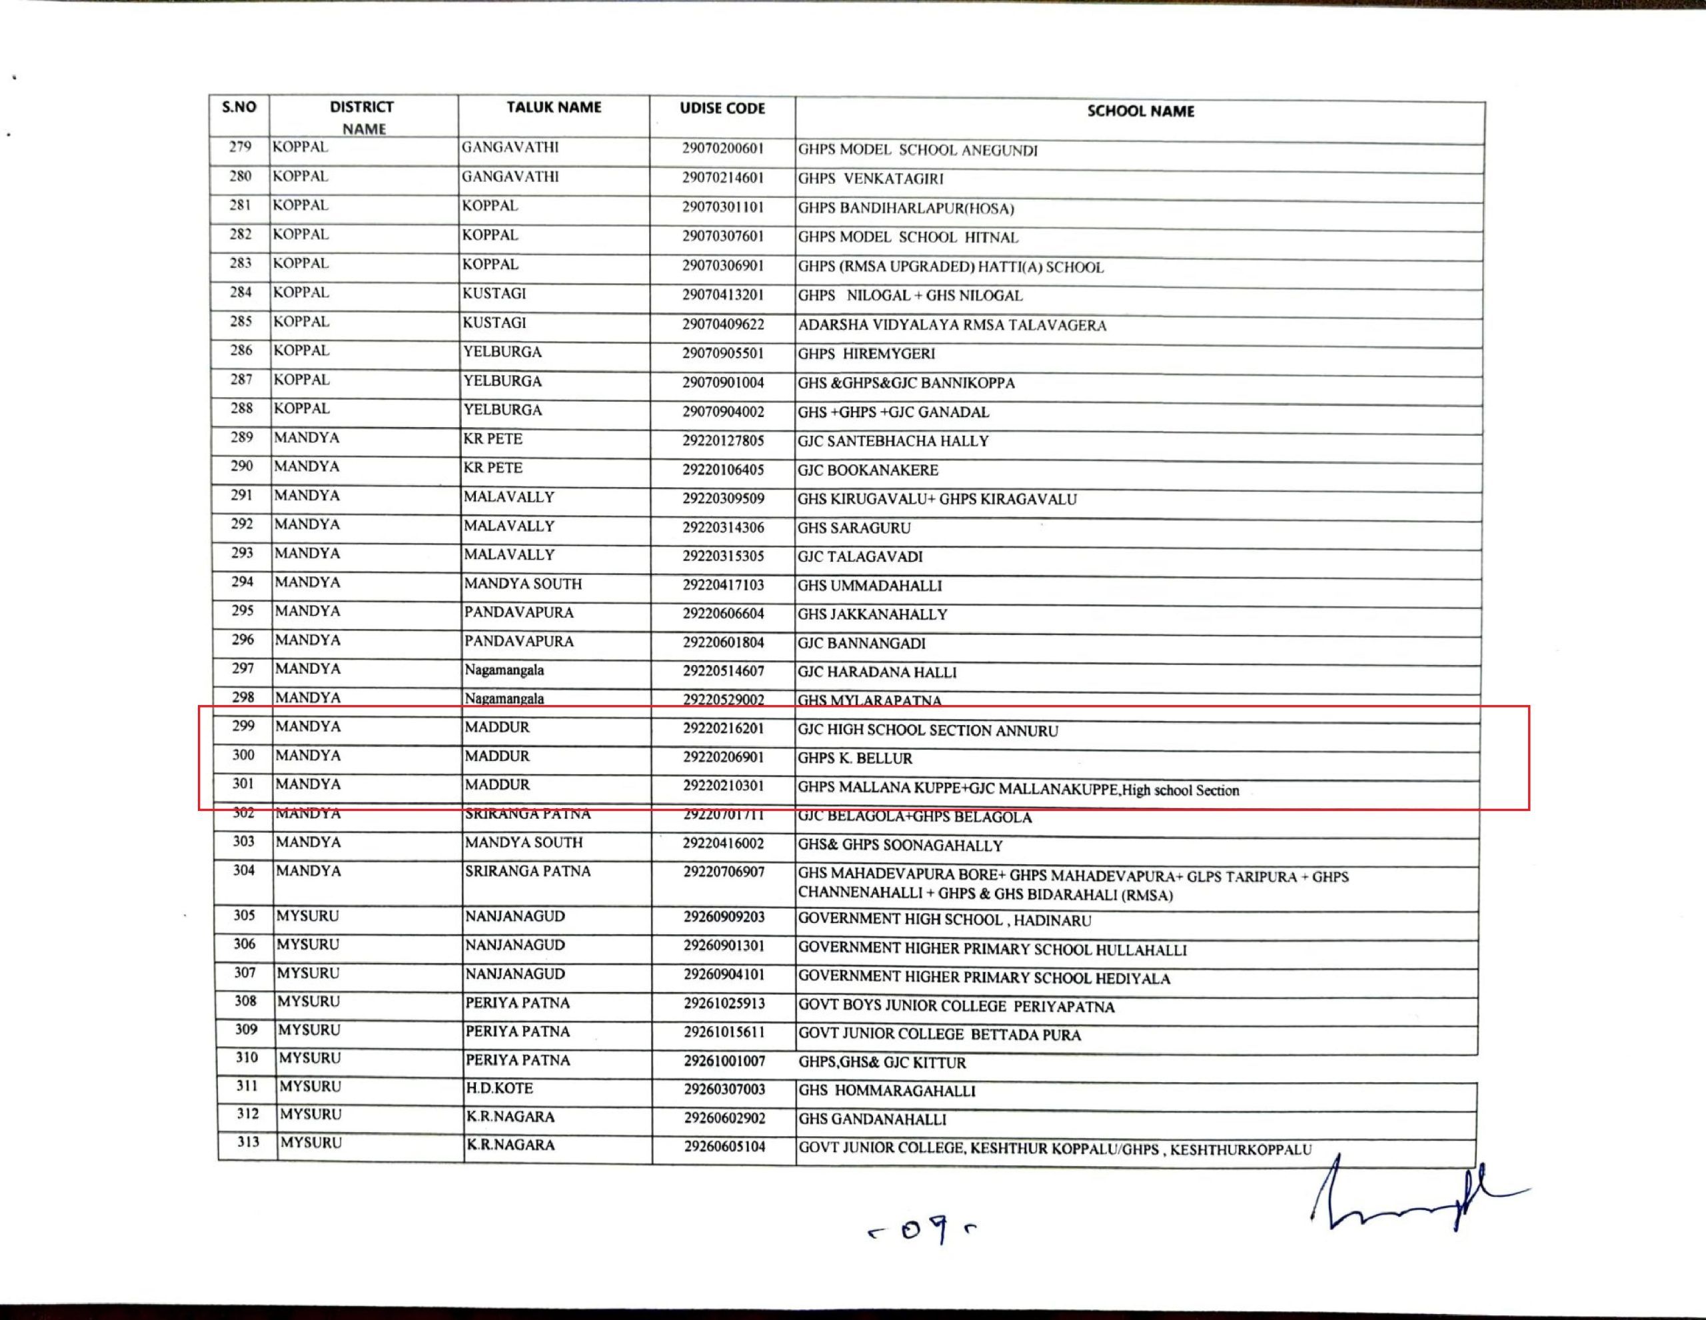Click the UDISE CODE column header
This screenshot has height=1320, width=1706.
(x=722, y=109)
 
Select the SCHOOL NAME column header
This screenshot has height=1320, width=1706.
(x=1140, y=112)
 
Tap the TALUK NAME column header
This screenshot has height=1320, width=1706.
(x=553, y=108)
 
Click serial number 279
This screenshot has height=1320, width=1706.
(x=240, y=147)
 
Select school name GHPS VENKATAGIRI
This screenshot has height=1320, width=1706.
(x=870, y=179)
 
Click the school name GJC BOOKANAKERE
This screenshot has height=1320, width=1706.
(x=867, y=470)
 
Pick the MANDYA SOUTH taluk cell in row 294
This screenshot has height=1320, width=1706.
(x=522, y=584)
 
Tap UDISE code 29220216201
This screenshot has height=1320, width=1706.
(x=723, y=728)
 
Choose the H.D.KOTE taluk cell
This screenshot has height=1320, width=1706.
(x=499, y=1088)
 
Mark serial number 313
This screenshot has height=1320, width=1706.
(x=248, y=1142)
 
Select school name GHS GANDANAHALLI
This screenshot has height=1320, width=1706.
(x=872, y=1119)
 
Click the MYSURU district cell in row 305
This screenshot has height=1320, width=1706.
(x=308, y=916)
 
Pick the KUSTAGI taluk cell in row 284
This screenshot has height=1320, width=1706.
(x=494, y=294)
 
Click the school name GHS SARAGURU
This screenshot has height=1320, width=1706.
(x=854, y=528)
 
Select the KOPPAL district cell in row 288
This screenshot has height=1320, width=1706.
(x=301, y=408)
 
